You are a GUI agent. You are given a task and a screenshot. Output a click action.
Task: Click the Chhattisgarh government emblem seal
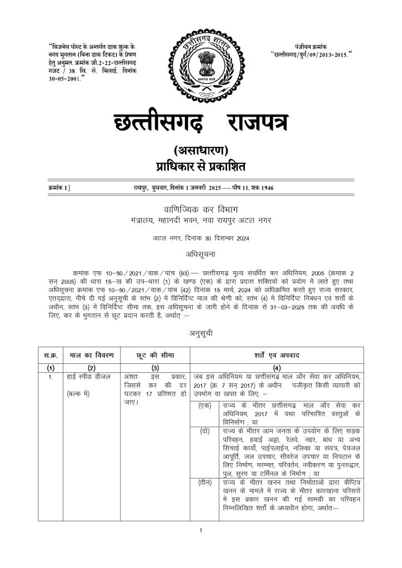(x=201, y=66)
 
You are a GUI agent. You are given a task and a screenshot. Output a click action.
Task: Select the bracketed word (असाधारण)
(x=200, y=150)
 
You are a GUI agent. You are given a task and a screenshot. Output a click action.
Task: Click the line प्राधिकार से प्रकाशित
(x=200, y=166)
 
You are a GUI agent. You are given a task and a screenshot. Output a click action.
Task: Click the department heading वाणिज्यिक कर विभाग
(x=200, y=210)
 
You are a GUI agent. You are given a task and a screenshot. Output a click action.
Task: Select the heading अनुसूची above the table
(x=200, y=334)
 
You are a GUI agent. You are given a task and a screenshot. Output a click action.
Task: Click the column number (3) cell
(x=155, y=368)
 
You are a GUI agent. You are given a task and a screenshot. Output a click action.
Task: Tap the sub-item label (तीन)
(x=204, y=483)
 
